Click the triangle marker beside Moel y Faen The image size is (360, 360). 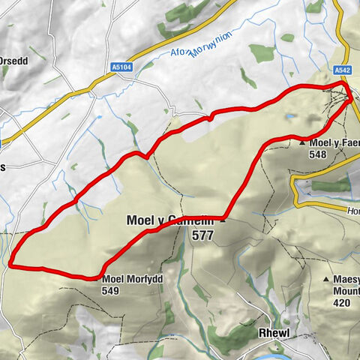pyautogui.click(x=302, y=142)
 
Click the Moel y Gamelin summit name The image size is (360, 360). pyautogui.click(x=172, y=220)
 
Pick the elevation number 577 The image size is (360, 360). pyautogui.click(x=203, y=235)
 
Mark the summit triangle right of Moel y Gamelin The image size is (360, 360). pyautogui.click(x=223, y=220)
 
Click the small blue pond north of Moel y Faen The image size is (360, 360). pyautogui.click(x=289, y=117)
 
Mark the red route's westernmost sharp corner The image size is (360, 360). pyautogui.click(x=12, y=262)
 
